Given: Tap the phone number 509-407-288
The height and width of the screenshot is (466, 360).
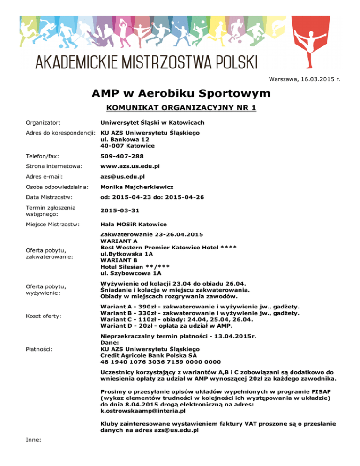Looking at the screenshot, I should (x=122, y=156).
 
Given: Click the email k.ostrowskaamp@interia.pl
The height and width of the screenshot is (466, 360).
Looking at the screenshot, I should (x=143, y=410).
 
